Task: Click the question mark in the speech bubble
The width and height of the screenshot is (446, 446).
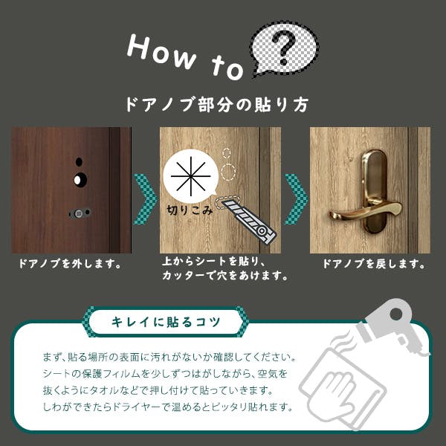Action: click(285, 48)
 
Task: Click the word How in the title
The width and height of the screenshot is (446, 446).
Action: click(161, 53)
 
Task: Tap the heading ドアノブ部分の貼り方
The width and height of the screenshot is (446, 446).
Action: click(217, 104)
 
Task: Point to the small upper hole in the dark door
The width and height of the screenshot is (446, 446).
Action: click(79, 162)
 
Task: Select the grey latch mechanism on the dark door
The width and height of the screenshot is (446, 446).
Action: click(79, 213)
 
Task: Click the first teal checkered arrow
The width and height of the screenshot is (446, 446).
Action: click(145, 198)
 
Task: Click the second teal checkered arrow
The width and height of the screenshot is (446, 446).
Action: click(296, 198)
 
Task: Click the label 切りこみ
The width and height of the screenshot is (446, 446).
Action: click(190, 210)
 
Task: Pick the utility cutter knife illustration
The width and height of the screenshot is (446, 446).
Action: click(246, 219)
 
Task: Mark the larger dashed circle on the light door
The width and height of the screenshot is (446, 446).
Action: click(228, 172)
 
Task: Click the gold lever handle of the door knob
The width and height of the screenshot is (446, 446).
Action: click(366, 212)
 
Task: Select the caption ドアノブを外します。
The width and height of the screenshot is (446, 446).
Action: click(70, 264)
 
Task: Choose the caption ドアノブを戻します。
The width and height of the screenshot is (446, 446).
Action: click(374, 264)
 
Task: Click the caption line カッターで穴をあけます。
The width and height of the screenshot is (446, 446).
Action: click(224, 275)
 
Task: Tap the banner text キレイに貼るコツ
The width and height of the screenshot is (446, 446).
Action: click(166, 322)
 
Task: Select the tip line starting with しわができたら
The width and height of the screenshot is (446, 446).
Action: click(168, 407)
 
